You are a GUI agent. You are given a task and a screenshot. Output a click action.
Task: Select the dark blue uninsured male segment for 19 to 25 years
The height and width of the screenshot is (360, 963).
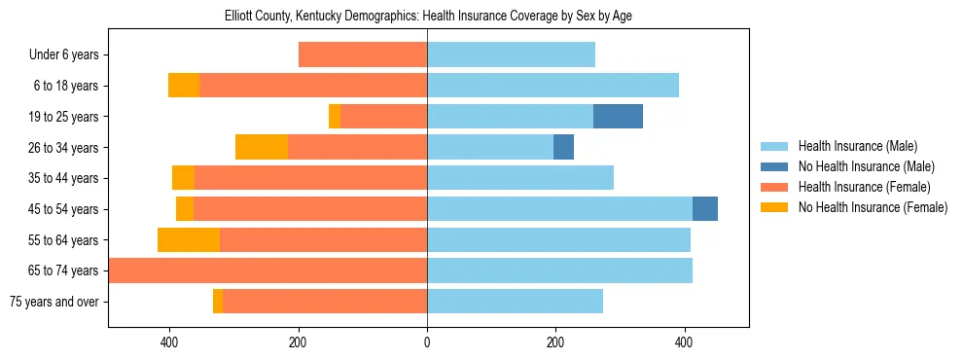pos(618,117)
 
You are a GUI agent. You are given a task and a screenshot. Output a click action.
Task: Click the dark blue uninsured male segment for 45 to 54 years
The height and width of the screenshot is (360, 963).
pos(705,209)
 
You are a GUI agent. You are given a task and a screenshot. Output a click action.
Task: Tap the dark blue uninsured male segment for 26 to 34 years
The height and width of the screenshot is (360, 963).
pos(563,147)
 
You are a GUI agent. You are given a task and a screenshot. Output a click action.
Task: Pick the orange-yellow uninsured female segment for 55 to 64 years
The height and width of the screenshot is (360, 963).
pos(189,240)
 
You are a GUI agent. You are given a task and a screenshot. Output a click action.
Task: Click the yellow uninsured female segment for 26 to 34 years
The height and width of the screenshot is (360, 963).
pos(262,147)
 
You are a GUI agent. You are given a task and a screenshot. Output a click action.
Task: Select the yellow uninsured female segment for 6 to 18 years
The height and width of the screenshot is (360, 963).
pos(184,86)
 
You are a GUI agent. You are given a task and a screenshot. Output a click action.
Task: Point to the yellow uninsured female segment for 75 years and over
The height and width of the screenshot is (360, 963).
pos(218,302)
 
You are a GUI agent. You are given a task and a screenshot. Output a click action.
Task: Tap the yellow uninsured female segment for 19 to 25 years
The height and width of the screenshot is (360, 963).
pos(335,117)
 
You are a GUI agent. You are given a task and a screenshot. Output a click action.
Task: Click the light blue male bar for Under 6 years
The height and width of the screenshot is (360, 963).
pos(511,54)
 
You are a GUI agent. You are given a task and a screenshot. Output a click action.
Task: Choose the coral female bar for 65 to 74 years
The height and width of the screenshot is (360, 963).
pos(267,270)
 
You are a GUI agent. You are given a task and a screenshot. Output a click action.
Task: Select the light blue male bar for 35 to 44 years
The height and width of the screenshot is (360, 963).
pos(520,178)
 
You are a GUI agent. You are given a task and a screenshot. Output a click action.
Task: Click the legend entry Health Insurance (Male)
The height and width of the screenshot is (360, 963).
pos(857,146)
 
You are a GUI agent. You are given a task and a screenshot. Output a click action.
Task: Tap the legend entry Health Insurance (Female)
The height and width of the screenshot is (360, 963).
pos(864,187)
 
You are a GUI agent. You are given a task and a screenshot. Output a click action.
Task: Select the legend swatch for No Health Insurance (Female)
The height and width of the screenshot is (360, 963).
pos(775,207)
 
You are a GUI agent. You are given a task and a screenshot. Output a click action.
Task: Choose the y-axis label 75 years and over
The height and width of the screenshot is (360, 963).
pos(53,302)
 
